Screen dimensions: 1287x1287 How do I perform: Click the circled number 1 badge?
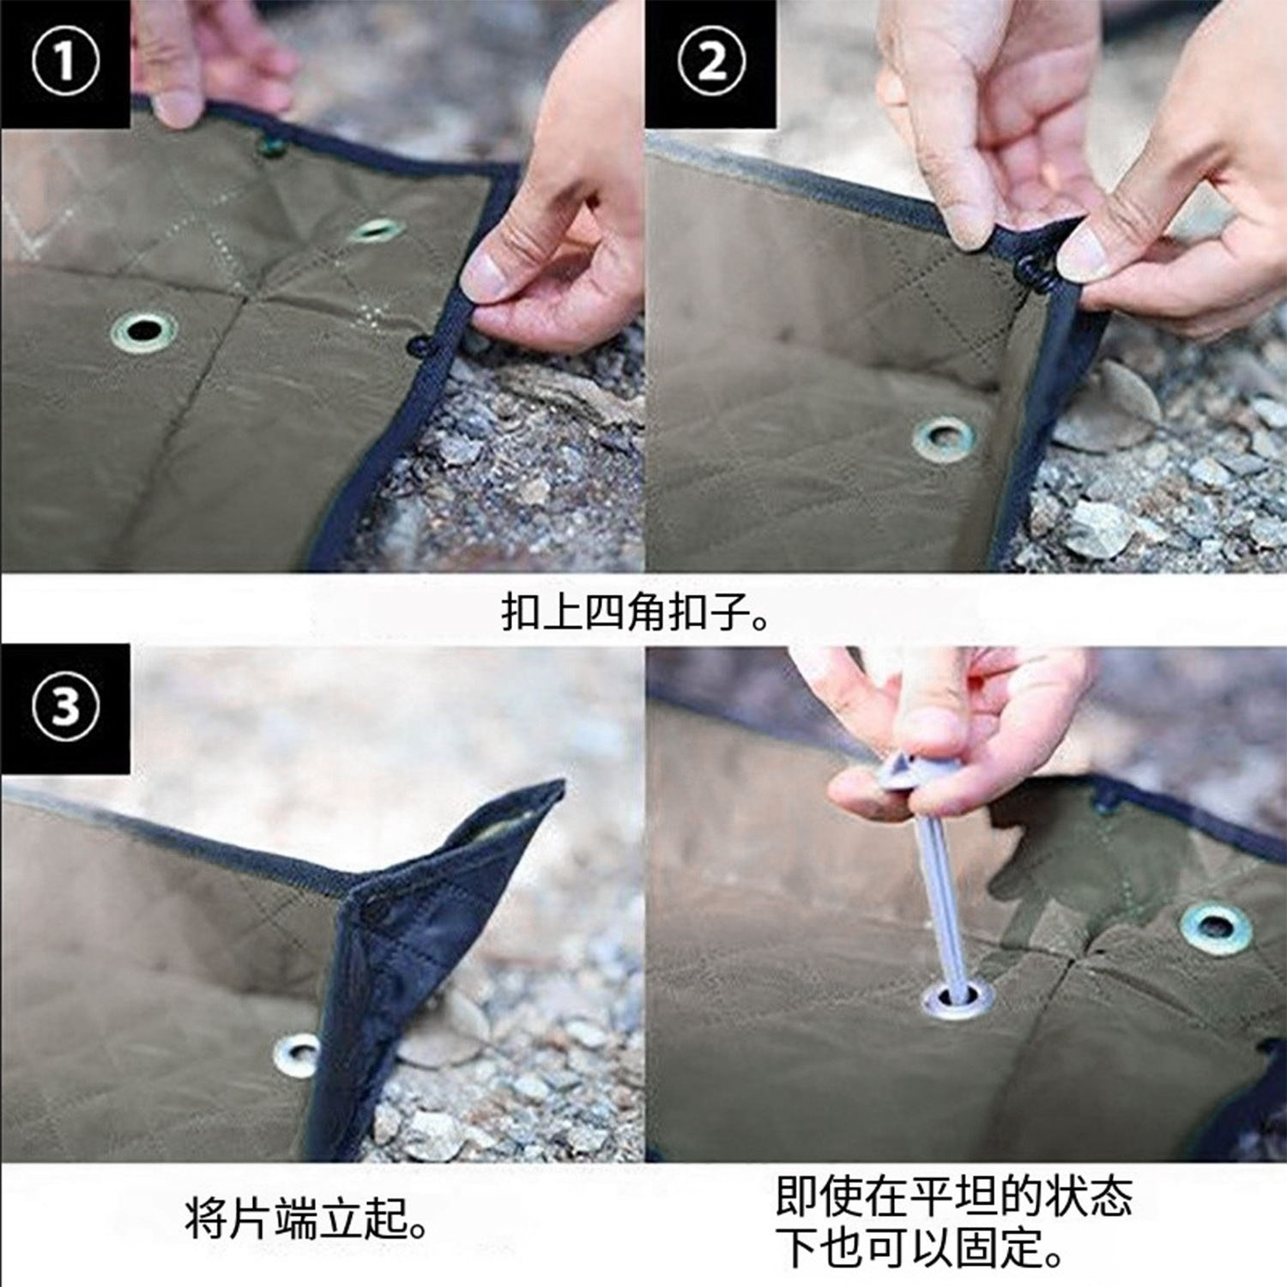(65, 62)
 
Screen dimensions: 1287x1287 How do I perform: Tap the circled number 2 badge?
(711, 62)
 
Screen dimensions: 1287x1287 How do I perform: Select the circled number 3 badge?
(65, 708)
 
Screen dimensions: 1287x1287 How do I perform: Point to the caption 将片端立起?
(306, 1219)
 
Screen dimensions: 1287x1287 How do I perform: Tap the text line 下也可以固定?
(920, 1248)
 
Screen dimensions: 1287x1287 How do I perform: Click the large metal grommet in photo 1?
(144, 331)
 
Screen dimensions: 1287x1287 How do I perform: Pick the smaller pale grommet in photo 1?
(377, 230)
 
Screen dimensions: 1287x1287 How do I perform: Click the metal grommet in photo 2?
(945, 438)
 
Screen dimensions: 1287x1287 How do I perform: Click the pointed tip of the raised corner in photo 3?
(562, 782)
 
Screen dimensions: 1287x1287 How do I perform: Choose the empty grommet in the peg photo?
(1216, 927)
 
